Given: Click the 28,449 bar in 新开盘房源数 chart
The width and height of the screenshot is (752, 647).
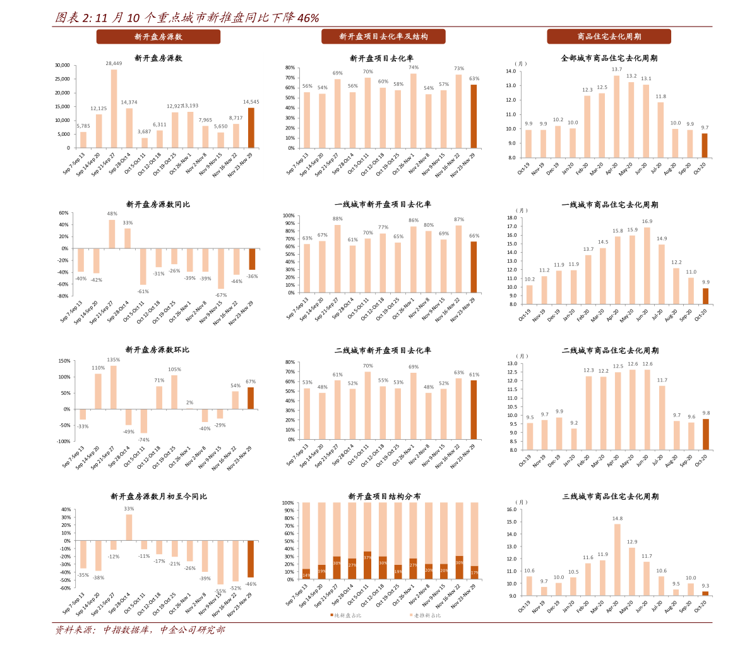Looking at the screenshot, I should click(114, 109).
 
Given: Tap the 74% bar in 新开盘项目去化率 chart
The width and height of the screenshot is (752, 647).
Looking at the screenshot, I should click(414, 111).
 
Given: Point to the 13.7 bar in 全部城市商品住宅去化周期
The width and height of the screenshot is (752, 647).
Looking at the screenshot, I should click(617, 116).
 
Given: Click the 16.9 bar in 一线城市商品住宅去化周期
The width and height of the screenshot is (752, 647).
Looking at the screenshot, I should click(647, 265).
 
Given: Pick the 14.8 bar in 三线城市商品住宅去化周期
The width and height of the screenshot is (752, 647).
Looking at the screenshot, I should click(618, 560).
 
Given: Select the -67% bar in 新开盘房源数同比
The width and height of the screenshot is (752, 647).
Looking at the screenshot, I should click(221, 269).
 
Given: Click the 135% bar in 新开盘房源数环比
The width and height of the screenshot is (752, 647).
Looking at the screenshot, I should click(114, 387).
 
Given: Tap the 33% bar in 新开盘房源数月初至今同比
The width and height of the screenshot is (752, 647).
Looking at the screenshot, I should click(129, 527).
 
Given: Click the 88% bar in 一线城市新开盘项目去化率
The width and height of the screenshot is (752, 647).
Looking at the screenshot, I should click(337, 258).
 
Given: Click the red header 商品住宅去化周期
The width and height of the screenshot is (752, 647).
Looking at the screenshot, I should click(609, 37).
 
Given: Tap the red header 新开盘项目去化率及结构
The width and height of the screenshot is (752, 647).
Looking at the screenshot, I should click(383, 37).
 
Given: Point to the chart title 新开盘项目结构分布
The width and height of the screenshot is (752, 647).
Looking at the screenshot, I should click(384, 497).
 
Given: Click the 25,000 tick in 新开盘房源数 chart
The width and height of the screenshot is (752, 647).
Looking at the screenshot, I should click(62, 79).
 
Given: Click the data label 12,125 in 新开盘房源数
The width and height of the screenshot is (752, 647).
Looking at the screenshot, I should click(98, 109).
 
